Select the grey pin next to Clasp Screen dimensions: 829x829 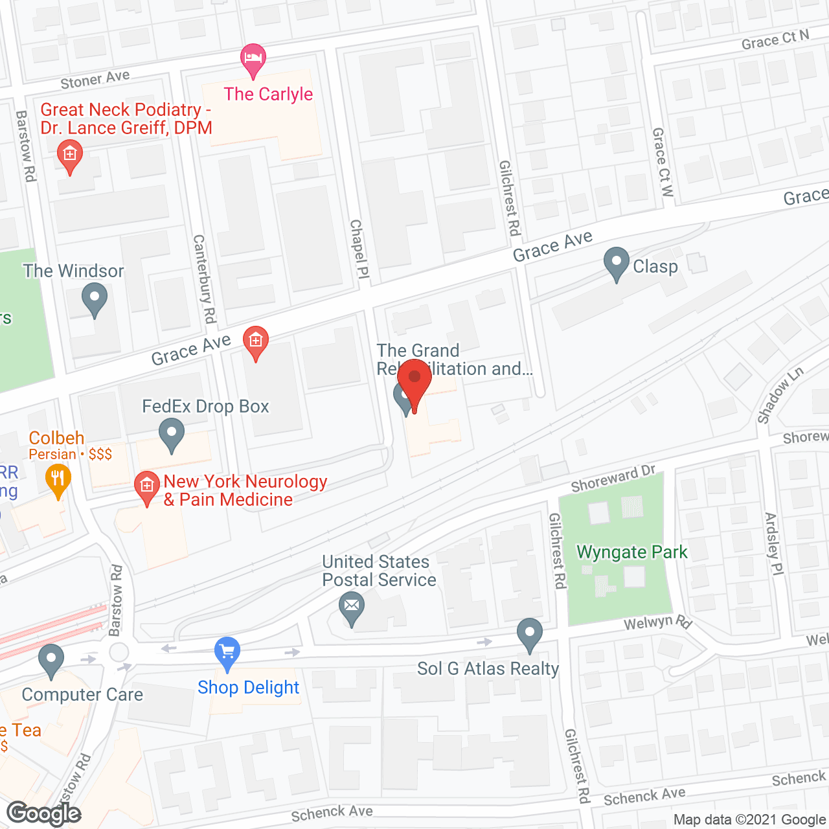click(616, 264)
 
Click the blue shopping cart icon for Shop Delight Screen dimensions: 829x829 click(227, 653)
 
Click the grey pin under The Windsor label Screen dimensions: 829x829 click(95, 301)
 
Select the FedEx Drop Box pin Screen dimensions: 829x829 click(171, 435)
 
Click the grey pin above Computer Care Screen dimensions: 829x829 click(51, 661)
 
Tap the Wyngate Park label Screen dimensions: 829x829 click(631, 552)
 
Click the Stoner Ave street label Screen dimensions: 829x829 click(95, 80)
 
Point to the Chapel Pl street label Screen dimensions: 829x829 click(359, 249)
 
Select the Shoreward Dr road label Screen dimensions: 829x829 click(613, 479)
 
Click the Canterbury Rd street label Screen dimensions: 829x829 click(205, 278)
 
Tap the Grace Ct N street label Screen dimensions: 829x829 click(775, 40)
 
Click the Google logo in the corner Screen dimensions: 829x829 click(44, 813)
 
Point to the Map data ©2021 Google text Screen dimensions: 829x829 click(749, 820)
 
